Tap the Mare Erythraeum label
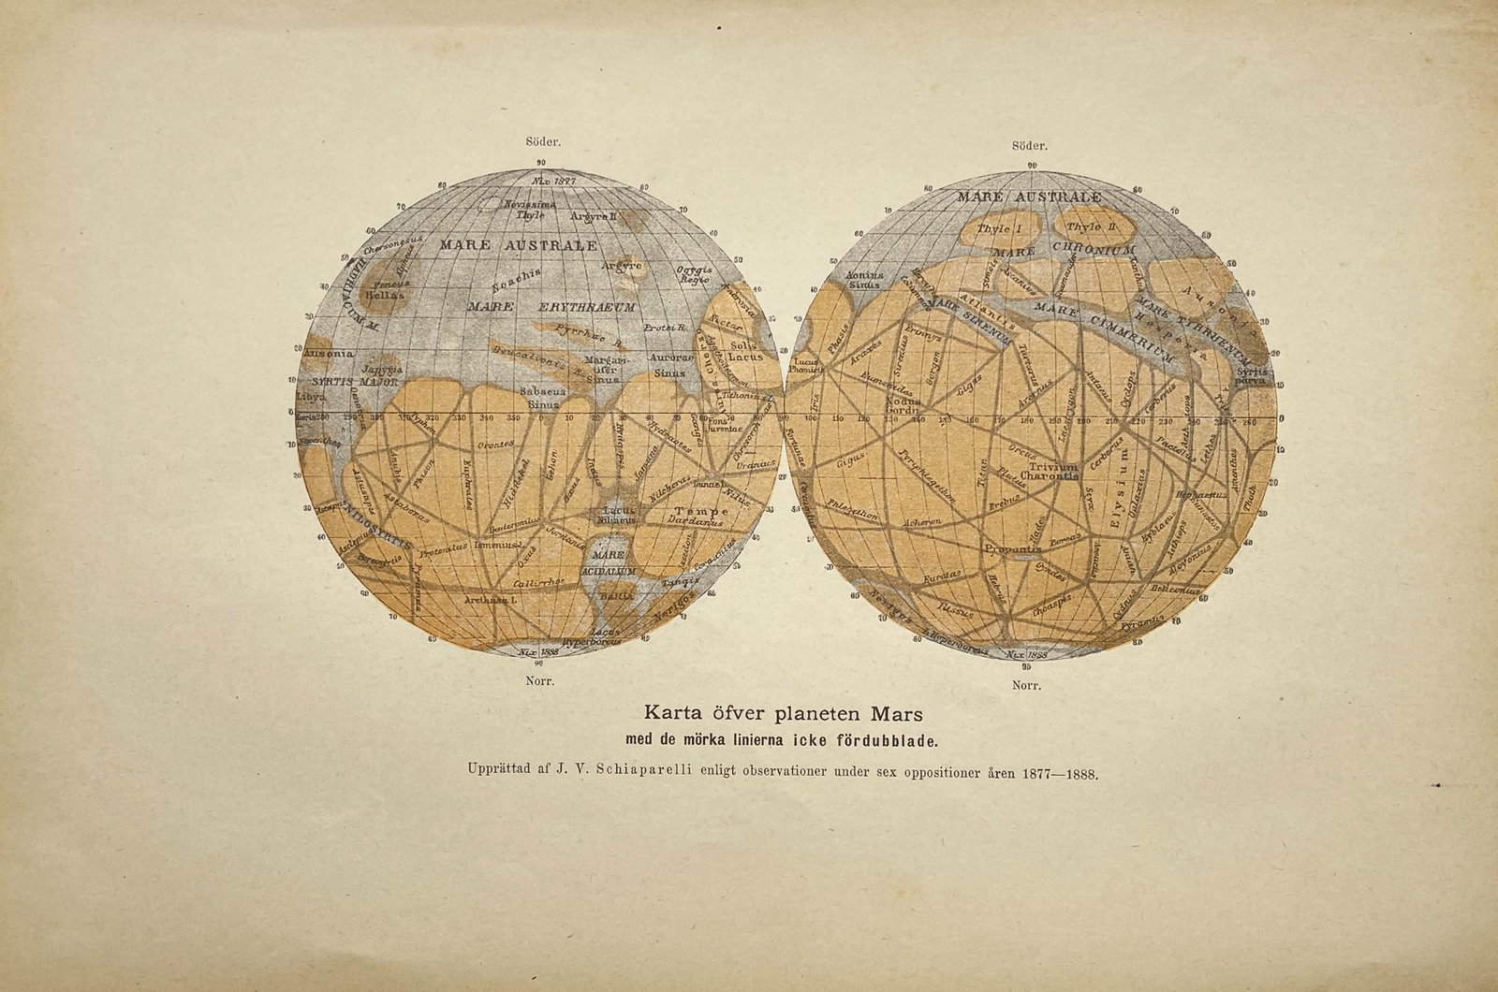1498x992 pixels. click(551, 306)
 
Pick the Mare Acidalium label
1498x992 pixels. click(609, 562)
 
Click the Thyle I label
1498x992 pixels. click(998, 227)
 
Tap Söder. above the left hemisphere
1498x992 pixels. click(544, 143)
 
